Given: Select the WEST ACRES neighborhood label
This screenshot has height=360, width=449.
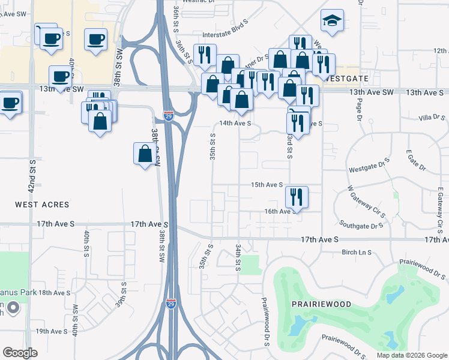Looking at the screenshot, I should [42, 205].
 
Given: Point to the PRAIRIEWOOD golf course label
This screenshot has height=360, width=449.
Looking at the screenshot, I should [321, 304].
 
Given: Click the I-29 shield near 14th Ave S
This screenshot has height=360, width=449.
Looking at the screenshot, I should [169, 116].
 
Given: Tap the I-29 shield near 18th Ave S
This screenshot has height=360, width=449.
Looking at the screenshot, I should [171, 304].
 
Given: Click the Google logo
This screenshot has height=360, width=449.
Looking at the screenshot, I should [20, 353].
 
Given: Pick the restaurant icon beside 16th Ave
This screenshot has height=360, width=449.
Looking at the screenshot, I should [297, 196].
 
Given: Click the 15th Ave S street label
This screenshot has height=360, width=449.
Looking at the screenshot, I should [267, 185].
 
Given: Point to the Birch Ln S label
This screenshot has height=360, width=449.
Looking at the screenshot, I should [357, 253].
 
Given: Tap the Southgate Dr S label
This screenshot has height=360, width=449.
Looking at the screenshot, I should [361, 226].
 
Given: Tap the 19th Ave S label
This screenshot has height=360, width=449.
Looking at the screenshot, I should [51, 331].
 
